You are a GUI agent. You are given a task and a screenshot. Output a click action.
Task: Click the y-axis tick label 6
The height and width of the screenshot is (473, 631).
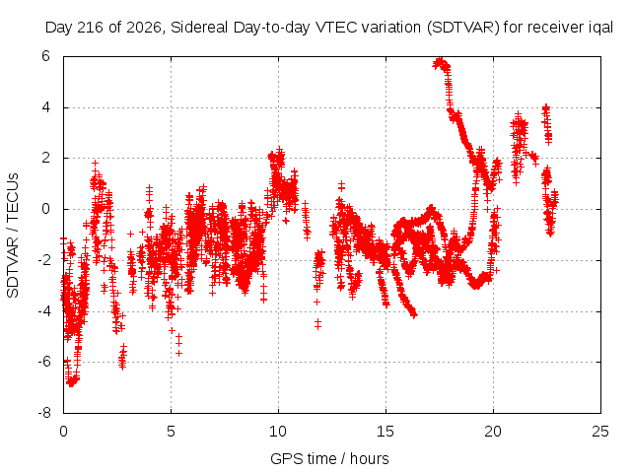[45, 56]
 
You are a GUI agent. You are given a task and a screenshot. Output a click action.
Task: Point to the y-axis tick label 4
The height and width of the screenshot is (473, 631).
[45, 107]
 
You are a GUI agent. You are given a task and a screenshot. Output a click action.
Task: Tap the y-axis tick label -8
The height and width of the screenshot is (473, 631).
[44, 413]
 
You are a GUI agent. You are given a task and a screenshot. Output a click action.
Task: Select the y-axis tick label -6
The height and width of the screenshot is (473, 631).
[44, 362]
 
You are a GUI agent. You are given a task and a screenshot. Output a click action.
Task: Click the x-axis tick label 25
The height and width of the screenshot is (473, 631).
[600, 432]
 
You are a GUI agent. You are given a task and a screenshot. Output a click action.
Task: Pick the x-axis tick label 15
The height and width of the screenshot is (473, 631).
[386, 432]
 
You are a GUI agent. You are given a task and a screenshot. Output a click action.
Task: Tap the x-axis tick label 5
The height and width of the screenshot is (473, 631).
[171, 432]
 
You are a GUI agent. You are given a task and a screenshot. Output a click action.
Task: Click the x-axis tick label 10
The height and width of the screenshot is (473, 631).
[278, 432]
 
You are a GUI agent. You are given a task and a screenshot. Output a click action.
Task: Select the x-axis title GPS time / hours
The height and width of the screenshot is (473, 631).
[329, 458]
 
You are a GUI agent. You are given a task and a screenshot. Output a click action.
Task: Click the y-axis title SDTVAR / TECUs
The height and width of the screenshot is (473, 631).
[13, 236]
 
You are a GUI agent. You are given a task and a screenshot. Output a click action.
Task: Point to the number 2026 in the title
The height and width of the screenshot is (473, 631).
[144, 28]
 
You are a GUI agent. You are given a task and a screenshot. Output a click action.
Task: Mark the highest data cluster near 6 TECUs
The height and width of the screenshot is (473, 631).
[441, 64]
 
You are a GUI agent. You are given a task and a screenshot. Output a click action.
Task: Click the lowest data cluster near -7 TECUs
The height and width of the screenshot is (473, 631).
[72, 380]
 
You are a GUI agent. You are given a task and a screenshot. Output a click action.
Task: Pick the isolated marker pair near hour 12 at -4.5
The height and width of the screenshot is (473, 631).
[317, 324]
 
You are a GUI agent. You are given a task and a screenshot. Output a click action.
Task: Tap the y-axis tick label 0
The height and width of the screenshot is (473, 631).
[45, 209]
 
